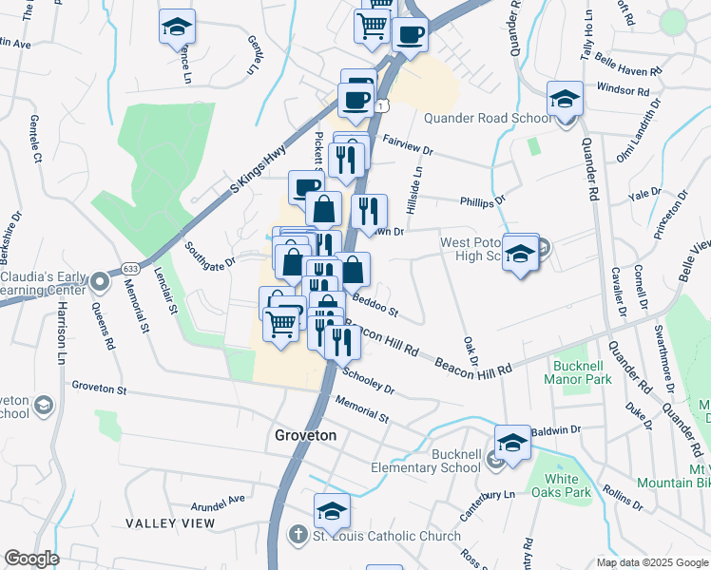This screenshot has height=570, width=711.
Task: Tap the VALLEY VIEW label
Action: [170, 523]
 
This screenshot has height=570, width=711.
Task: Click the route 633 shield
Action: [129, 270]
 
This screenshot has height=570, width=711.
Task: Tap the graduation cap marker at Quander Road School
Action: [565, 100]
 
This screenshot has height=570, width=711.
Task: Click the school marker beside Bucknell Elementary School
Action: [512, 443]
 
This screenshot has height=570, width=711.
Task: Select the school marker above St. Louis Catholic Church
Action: [332, 510]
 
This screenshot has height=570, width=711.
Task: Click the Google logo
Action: [31, 559]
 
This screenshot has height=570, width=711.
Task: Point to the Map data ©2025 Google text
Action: [651, 562]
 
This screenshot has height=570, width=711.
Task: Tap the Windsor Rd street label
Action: [623, 89]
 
